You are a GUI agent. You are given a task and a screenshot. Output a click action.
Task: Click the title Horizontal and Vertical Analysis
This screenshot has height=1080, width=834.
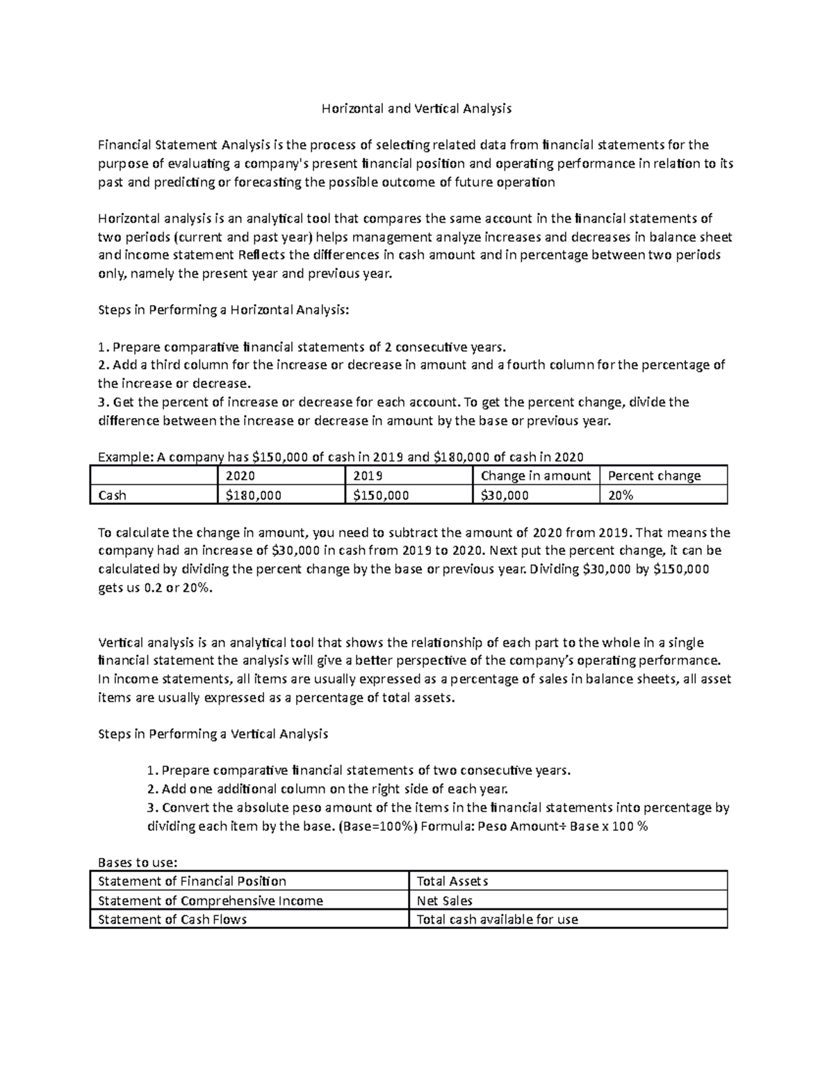point(416,108)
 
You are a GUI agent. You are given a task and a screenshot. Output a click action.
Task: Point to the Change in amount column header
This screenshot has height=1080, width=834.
point(535,476)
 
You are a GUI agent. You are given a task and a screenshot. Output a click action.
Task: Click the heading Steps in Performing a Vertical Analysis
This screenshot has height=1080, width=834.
point(213,734)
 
